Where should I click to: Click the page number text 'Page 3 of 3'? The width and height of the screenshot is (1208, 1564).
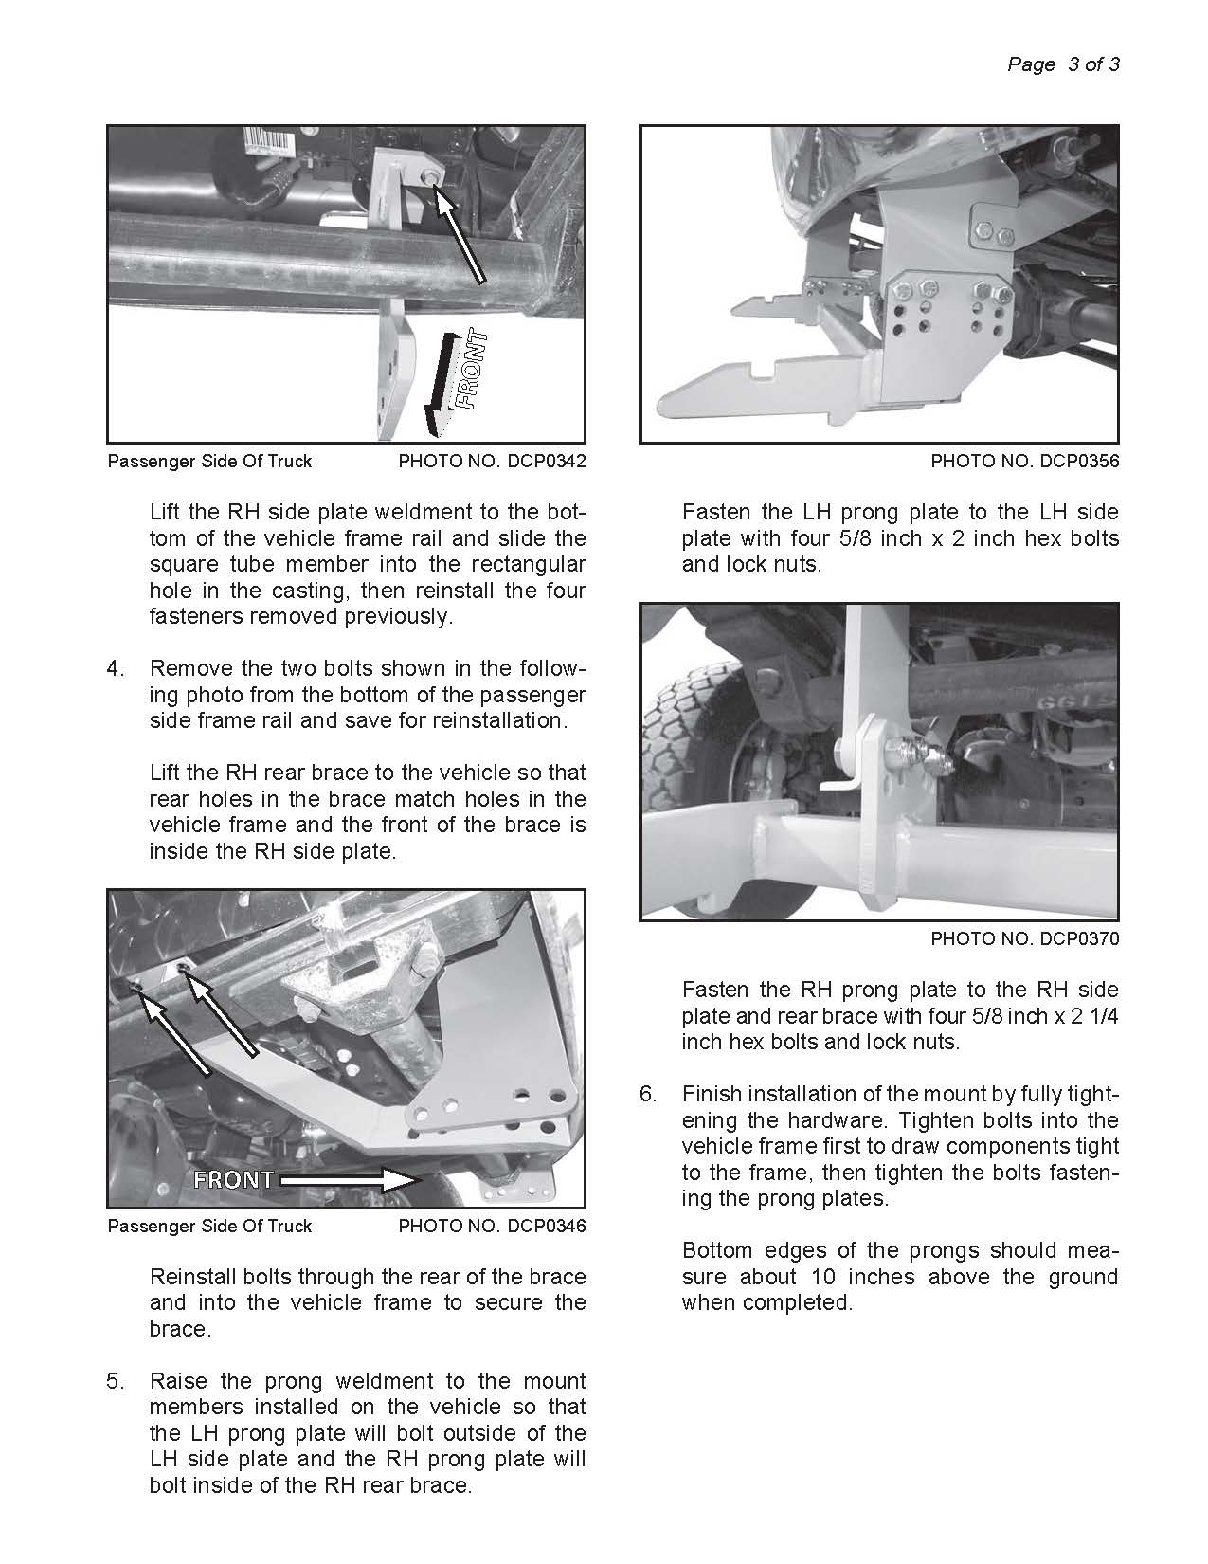tap(1063, 64)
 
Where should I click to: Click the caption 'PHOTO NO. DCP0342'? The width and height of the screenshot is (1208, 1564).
tap(492, 462)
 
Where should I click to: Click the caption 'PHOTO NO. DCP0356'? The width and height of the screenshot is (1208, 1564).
tap(1024, 462)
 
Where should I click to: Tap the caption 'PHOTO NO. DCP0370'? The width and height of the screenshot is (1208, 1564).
tap(1024, 939)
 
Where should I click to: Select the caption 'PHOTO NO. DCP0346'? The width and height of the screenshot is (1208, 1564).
tap(492, 1226)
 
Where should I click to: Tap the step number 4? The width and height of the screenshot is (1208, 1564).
tap(115, 668)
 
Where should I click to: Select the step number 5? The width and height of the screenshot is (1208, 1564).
tap(115, 1381)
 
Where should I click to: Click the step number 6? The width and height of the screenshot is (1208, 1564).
tap(647, 1095)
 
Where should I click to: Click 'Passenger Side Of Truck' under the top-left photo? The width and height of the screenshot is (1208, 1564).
tap(209, 462)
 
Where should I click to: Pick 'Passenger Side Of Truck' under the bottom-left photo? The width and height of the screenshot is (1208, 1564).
tap(209, 1226)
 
